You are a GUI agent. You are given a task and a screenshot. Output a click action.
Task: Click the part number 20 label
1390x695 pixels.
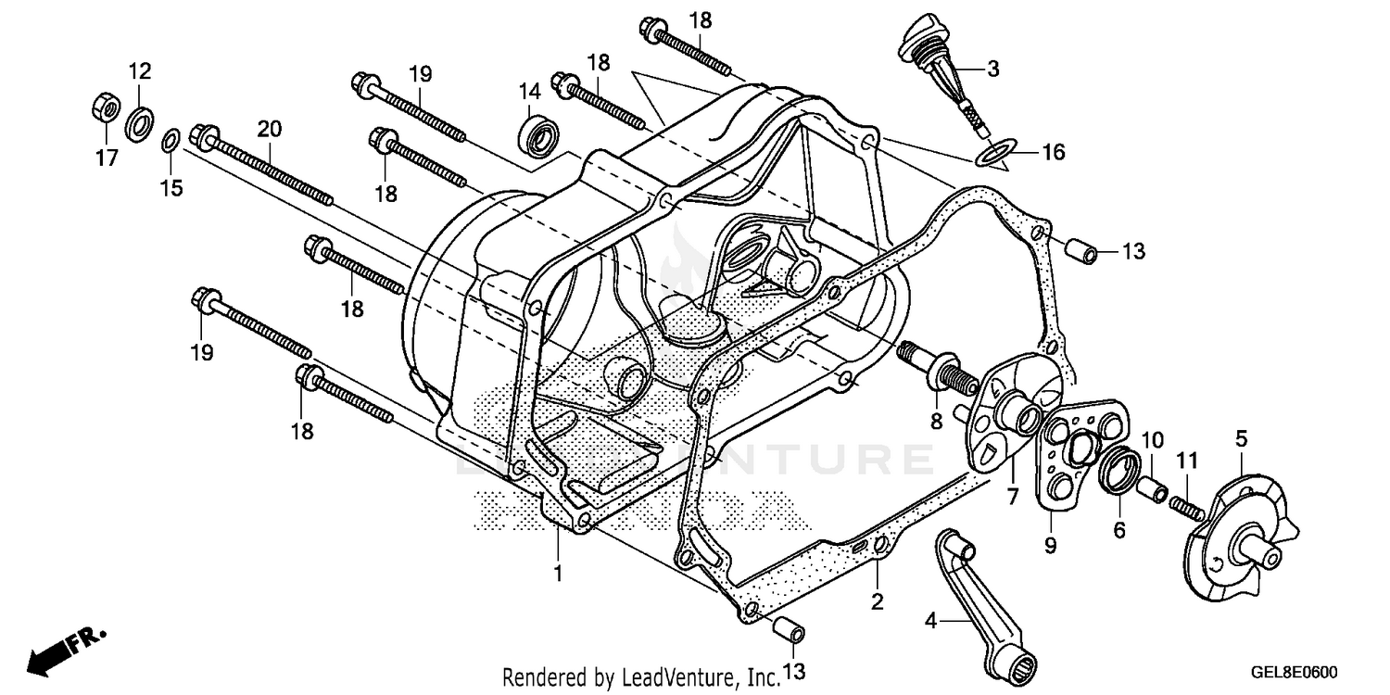270,128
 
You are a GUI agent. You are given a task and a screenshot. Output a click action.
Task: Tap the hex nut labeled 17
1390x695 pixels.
104,109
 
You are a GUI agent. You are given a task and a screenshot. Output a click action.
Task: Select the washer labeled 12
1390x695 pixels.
140,124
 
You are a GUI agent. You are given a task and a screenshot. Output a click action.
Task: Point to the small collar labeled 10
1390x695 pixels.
1152,486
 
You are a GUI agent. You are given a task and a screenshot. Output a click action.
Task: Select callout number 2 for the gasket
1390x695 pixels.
878,602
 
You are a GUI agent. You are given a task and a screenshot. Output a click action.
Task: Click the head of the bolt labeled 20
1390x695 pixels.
201,137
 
